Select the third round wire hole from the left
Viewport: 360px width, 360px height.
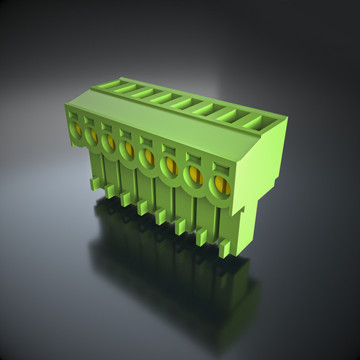pos(109,143)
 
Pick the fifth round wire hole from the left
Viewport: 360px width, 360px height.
pos(148,157)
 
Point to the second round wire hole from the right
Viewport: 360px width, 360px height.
pos(193,175)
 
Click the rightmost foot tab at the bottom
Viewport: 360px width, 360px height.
pos(225,247)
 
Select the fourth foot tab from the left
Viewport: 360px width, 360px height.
pos(143,207)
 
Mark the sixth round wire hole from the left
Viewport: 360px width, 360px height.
pos(169,166)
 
